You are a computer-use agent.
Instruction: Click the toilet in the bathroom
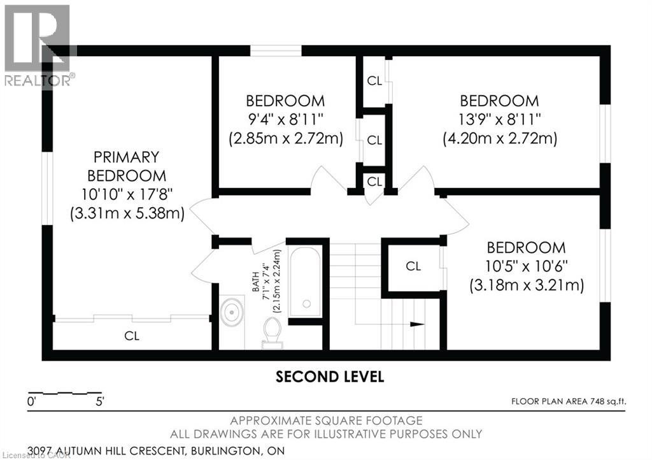coord(273,333)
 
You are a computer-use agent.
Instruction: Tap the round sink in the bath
coord(232,311)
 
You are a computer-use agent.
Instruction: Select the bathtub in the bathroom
coord(306,281)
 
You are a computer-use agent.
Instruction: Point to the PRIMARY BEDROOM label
coord(127,166)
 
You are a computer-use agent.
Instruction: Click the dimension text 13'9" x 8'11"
coord(499,120)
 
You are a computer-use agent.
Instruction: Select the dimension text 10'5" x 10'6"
coord(527,266)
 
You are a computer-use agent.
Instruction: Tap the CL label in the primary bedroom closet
coord(132,336)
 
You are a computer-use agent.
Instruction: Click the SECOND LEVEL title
coord(330,377)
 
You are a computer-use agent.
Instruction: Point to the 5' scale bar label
coord(100,402)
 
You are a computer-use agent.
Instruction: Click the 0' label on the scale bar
coord(32,402)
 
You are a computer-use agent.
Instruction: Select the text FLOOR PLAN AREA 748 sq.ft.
coord(569,401)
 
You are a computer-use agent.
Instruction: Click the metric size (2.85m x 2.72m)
coord(286,138)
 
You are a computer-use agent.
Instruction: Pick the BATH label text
coord(255,282)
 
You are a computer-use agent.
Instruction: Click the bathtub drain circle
coord(307,304)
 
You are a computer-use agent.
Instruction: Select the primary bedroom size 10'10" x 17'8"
coord(127,194)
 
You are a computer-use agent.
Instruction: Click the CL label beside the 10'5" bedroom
coord(413,266)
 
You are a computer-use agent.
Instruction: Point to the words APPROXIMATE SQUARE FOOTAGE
coord(327,420)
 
